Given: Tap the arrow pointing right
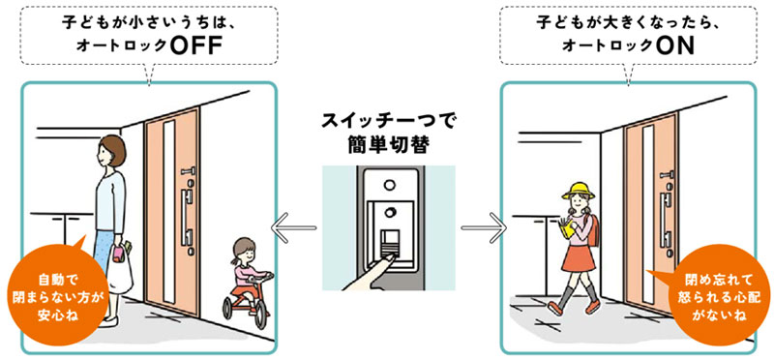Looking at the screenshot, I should coord(483,229).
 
